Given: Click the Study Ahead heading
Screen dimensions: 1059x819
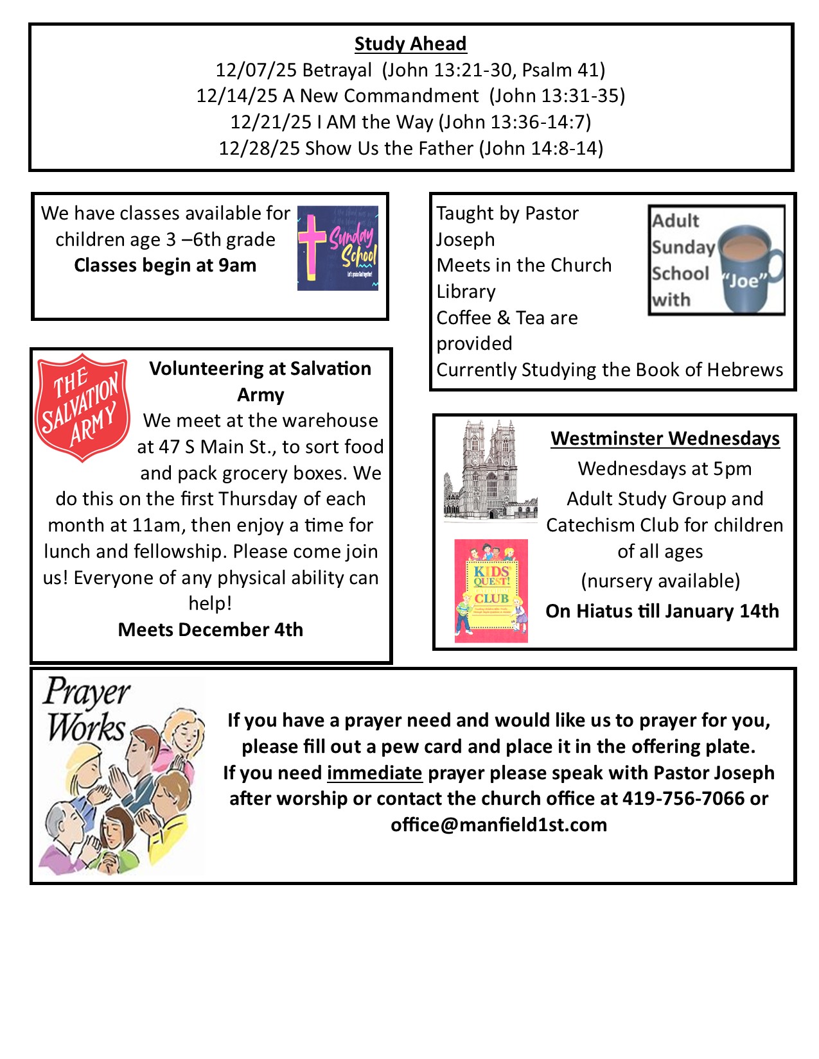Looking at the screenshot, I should pos(410,44).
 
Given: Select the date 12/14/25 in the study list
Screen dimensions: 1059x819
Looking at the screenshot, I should pos(237,96).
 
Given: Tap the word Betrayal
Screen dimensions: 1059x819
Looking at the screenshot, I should pos(337,69).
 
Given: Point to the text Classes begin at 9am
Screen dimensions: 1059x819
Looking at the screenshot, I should pos(165,265).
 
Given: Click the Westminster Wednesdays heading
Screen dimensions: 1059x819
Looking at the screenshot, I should pos(665,438).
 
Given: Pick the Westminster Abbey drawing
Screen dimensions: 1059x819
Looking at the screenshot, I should pos(490,470).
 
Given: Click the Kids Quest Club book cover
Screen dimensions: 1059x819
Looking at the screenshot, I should pos(491,590).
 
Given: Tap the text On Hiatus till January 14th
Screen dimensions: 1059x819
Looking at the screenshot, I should pos(662,611).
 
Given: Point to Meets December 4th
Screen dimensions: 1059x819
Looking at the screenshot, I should pos(211,630).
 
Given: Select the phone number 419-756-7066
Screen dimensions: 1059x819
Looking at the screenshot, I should pos(683,798).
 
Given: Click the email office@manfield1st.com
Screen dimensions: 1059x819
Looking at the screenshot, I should pos(498,825).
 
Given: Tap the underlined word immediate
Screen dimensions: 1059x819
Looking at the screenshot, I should pos(374,773).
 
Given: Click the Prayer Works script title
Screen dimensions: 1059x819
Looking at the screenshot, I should pos(87,710).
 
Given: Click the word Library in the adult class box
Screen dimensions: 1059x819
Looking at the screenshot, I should pos(466,291).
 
